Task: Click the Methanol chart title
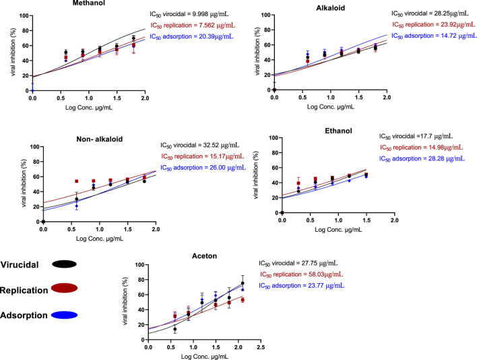click(x=89, y=3)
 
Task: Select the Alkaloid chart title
click(x=331, y=8)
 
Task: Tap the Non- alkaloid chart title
click(x=100, y=139)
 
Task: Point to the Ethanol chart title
click(x=339, y=131)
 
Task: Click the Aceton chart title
click(x=204, y=256)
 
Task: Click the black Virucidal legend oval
click(x=64, y=264)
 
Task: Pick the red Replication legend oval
click(x=64, y=288)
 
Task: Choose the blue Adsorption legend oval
click(x=64, y=316)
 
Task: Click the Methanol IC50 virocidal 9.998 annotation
click(x=189, y=14)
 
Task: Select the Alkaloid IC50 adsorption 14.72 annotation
click(x=434, y=36)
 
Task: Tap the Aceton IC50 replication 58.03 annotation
click(x=301, y=274)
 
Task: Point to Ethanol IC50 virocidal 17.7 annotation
click(x=416, y=136)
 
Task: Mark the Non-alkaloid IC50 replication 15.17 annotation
click(x=203, y=156)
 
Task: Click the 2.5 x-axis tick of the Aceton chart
click(x=261, y=347)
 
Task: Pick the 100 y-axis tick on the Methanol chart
click(x=24, y=16)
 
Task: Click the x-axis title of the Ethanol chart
click(x=338, y=230)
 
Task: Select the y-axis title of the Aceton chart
click(x=125, y=301)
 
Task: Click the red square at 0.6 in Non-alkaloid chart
click(x=77, y=181)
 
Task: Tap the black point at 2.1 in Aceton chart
click(x=243, y=283)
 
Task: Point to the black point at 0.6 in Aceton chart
click(x=175, y=329)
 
